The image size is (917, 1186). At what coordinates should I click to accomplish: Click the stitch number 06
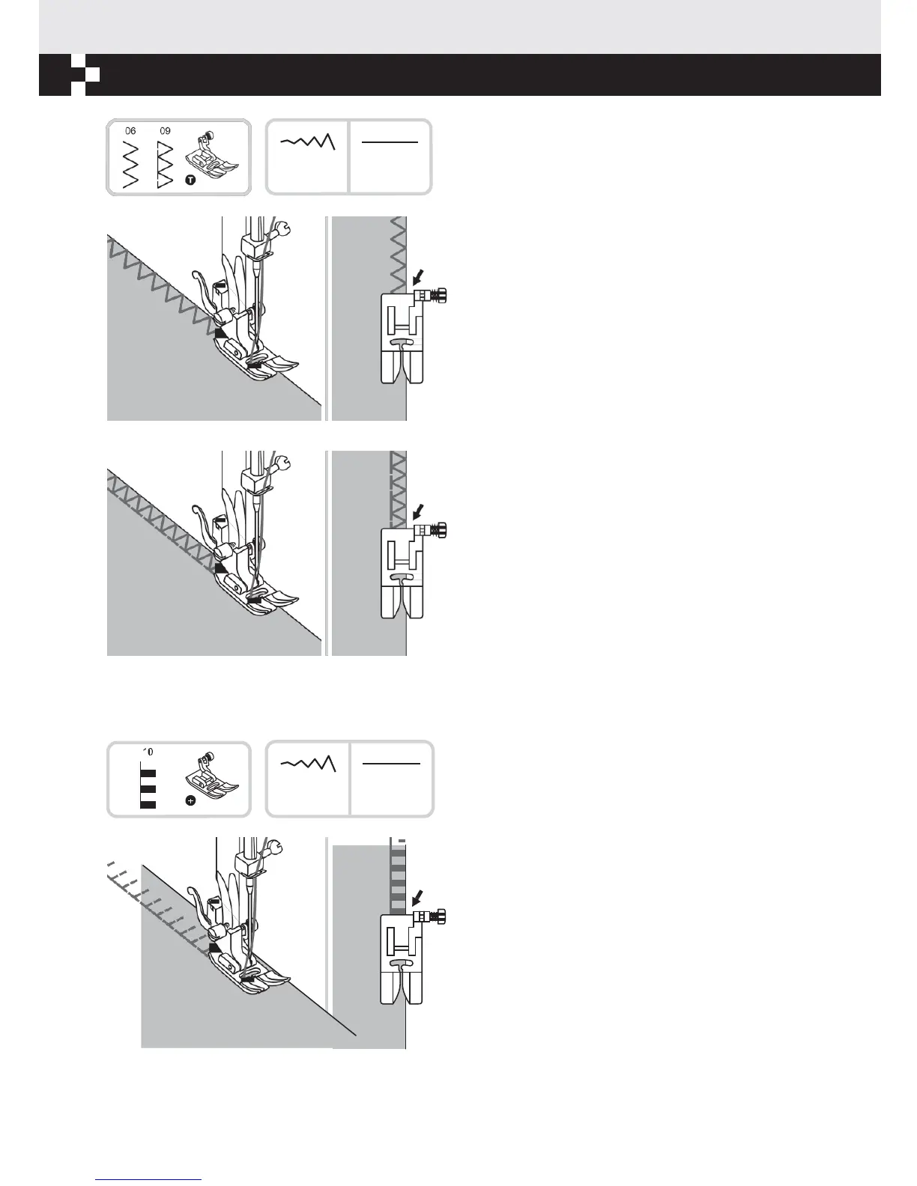(131, 131)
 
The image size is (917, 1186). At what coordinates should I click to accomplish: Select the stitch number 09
(165, 131)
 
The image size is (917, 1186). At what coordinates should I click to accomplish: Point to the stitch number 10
(148, 752)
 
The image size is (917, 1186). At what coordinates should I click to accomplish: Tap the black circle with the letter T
(190, 181)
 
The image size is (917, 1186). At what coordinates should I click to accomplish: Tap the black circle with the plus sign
(190, 800)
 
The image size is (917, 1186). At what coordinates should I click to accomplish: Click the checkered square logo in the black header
(85, 75)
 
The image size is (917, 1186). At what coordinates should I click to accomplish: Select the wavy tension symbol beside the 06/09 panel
(307, 142)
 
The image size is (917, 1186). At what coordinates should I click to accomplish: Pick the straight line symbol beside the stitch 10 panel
(391, 764)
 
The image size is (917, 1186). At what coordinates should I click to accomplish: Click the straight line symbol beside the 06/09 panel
(390, 142)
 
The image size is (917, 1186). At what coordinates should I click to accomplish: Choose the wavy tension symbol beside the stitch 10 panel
(308, 763)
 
